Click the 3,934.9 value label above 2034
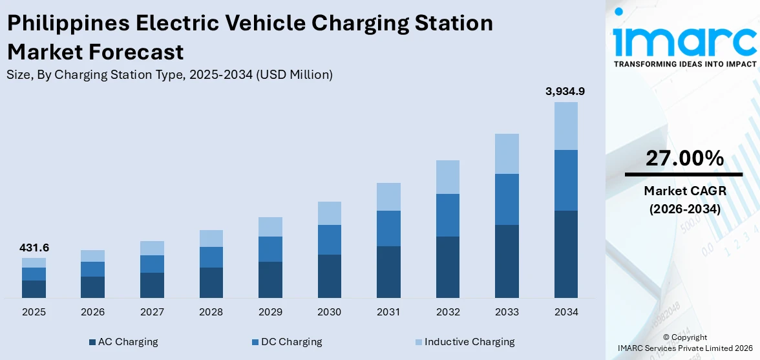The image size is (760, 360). (565, 92)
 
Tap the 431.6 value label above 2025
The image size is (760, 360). (34, 248)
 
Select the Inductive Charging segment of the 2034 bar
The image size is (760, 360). (565, 126)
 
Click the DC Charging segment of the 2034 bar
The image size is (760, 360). (565, 180)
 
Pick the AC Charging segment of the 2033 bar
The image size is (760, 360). (507, 261)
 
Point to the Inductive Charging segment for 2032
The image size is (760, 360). (448, 177)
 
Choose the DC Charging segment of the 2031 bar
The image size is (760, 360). (388, 228)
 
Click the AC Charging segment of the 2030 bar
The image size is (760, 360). (330, 276)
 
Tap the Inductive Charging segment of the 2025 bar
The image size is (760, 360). (34, 262)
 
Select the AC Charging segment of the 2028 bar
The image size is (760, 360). (211, 282)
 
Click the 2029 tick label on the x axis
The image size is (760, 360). (270, 312)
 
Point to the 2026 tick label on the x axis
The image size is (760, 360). (93, 312)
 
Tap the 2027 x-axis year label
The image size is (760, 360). (152, 312)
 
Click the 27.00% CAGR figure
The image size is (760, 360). (684, 158)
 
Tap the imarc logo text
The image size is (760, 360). (684, 42)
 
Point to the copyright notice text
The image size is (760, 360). (685, 343)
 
